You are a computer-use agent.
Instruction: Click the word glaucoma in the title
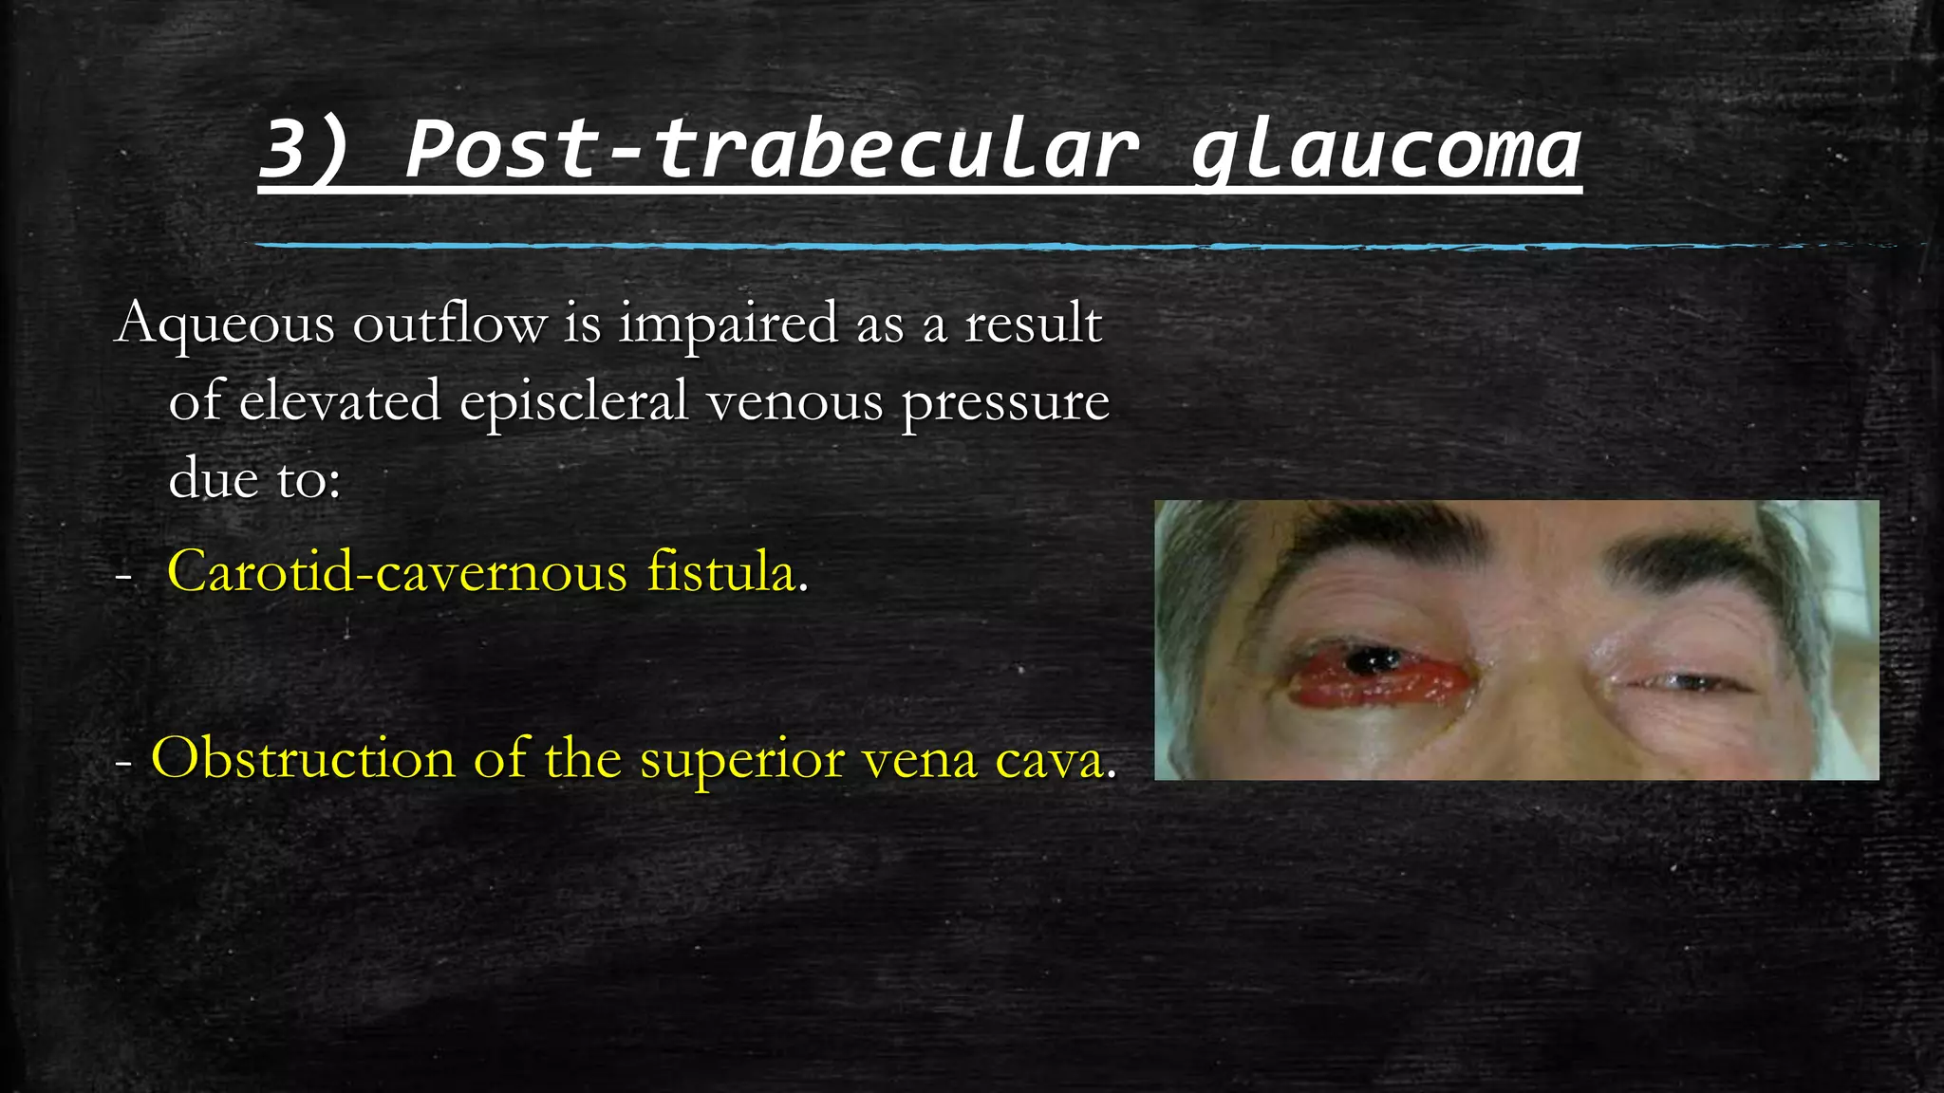[x=1386, y=152]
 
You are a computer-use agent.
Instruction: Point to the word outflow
[x=450, y=324]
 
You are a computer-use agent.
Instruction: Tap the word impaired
[x=729, y=324]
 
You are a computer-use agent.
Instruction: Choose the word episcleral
[x=574, y=401]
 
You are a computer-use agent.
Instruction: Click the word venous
[x=795, y=401]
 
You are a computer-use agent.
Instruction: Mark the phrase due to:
[x=254, y=478]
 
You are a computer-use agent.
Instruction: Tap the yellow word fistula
[x=721, y=572]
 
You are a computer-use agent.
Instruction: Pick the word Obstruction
[x=303, y=759]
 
